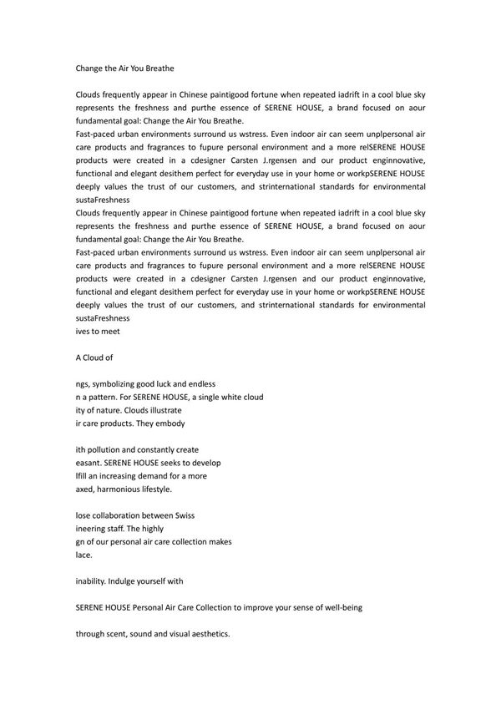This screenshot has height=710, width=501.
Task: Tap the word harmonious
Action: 125,489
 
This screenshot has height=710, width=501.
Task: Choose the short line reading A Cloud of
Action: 94,358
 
